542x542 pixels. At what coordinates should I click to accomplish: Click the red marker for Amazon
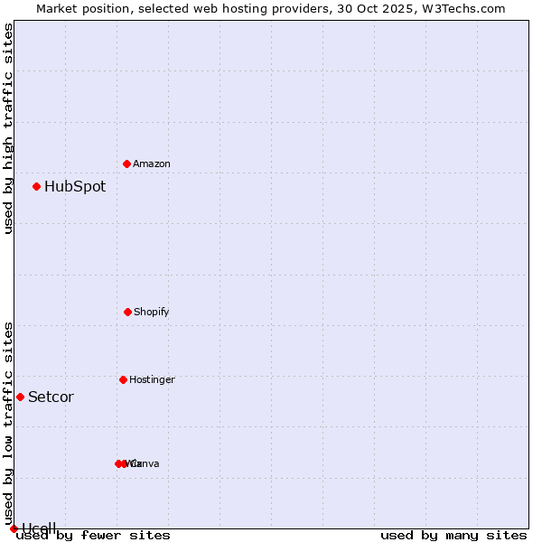coord(127,164)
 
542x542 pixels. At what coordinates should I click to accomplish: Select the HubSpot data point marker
coord(37,187)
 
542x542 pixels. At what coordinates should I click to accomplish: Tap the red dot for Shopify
coord(127,312)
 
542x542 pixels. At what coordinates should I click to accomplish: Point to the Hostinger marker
coord(123,379)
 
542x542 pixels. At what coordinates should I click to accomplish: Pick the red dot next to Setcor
coord(20,397)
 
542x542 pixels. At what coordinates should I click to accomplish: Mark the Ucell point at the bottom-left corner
coord(14,528)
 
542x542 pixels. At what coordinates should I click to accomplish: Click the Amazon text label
coord(151,164)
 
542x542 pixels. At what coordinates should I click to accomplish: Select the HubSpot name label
coord(75,187)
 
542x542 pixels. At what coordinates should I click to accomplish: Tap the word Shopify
coord(151,312)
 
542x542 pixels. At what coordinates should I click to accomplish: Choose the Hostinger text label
coord(152,379)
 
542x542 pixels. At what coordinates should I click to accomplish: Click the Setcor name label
coord(51,397)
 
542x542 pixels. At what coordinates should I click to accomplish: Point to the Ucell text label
coord(39,528)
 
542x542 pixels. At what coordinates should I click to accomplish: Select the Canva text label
coord(145,463)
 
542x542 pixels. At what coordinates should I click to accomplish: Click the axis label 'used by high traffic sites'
coord(8,128)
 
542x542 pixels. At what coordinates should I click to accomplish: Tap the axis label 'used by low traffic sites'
coord(8,423)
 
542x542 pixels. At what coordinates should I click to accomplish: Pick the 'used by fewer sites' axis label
coord(93,535)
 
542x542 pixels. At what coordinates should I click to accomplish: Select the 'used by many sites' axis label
coord(453,535)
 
